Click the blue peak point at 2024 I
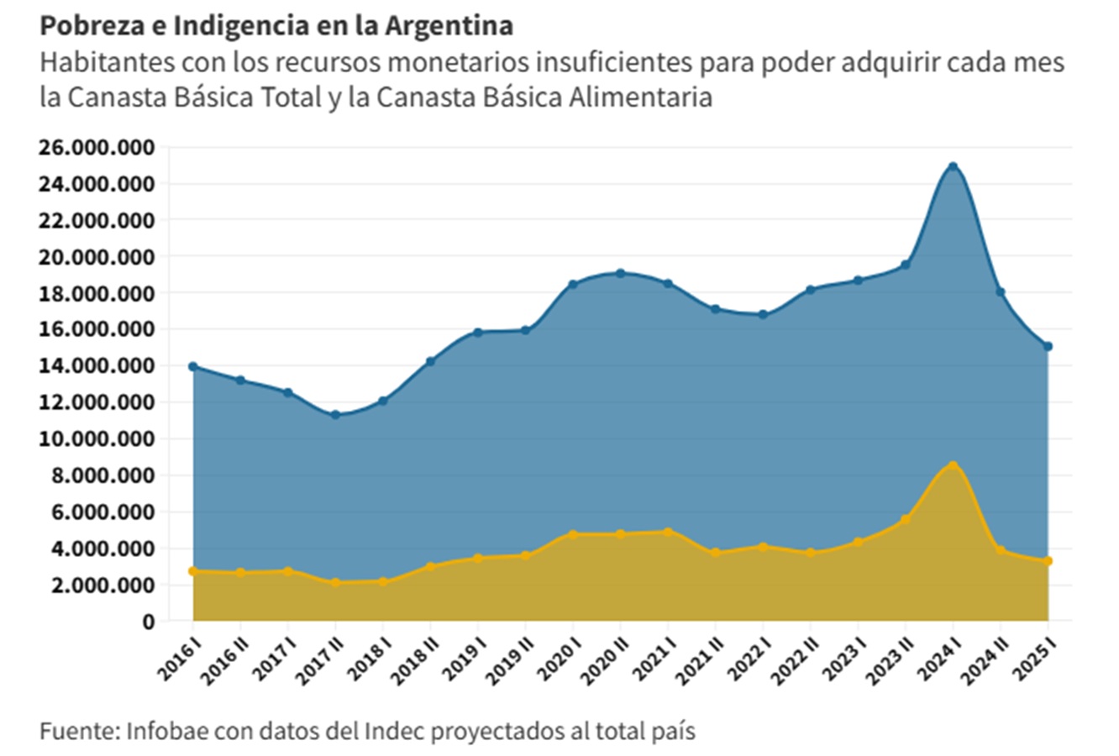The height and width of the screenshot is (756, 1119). (953, 166)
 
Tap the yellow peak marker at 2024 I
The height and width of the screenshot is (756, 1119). (953, 465)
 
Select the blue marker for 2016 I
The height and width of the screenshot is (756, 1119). (193, 366)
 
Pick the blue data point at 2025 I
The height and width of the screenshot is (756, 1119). (1048, 346)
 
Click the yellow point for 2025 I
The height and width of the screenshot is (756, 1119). (1048, 561)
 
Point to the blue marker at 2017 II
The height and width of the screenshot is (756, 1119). (335, 415)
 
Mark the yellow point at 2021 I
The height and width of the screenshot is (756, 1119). (668, 532)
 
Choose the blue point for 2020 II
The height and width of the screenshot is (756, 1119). (620, 273)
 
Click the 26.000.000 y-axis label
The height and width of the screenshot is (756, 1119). (97, 148)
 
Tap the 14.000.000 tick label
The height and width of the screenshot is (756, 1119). (97, 366)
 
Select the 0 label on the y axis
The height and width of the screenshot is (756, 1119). (149, 622)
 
